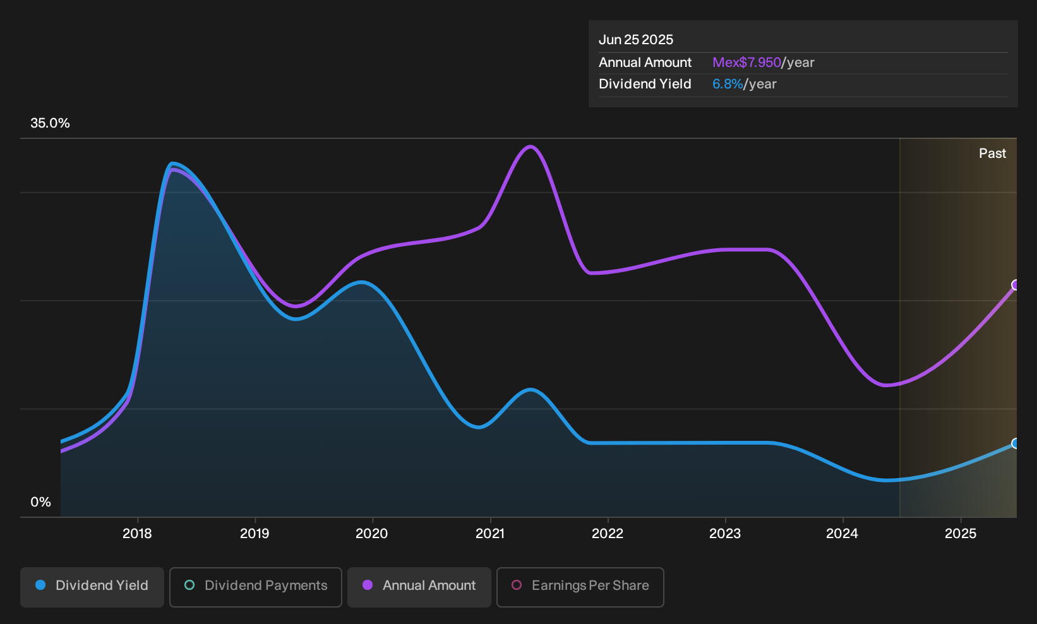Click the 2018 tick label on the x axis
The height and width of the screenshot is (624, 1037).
click(x=137, y=534)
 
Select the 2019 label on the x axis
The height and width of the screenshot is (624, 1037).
click(x=255, y=534)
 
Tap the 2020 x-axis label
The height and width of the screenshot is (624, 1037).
click(x=372, y=534)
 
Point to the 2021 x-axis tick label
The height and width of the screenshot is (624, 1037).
click(x=490, y=534)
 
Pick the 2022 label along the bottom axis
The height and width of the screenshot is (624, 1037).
click(x=608, y=534)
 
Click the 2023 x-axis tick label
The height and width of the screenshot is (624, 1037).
click(x=725, y=534)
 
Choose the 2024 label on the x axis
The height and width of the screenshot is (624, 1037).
click(x=842, y=534)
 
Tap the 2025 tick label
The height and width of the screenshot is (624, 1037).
click(x=961, y=534)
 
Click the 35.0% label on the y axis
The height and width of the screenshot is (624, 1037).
click(x=50, y=123)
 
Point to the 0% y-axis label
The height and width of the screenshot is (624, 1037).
click(x=41, y=502)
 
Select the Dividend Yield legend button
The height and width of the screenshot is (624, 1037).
click(x=92, y=587)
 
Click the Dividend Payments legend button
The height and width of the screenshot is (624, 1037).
click(x=256, y=587)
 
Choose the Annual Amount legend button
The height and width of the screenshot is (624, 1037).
click(x=419, y=587)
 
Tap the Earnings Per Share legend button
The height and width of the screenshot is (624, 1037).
click(x=580, y=587)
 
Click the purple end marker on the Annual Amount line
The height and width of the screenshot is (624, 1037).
click(x=1016, y=285)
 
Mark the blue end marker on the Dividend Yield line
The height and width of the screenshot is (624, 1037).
click(x=1016, y=443)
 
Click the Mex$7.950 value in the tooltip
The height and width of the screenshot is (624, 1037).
click(x=746, y=63)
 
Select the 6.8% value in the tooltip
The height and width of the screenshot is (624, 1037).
click(x=728, y=84)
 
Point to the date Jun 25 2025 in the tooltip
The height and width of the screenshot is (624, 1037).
click(x=635, y=40)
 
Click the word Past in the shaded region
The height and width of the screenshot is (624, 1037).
click(x=993, y=153)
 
